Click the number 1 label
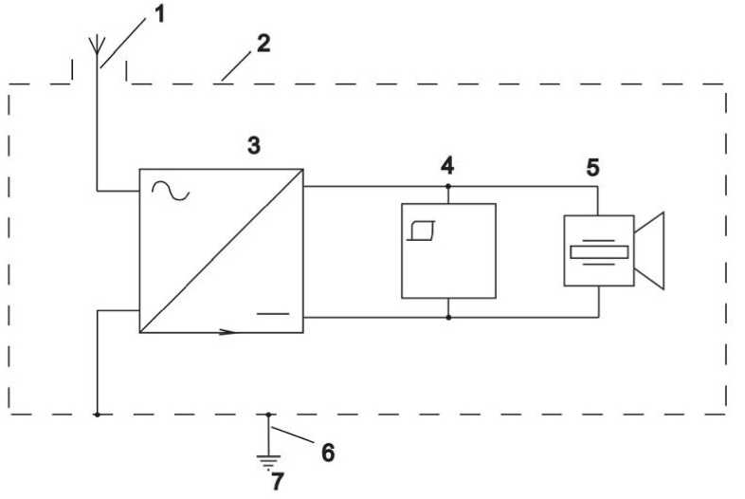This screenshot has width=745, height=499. pos(161,15)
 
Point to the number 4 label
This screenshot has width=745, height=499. pos(446,165)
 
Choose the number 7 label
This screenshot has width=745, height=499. pos(277,482)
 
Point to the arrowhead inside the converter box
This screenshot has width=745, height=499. pos(227,332)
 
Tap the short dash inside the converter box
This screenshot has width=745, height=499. pos(273,311)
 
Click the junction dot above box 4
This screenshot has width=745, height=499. pos(447,186)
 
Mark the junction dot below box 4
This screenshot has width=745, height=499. pos(447,318)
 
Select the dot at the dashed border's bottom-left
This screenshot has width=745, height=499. pos(97,414)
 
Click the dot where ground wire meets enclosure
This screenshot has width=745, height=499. pos(269,414)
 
